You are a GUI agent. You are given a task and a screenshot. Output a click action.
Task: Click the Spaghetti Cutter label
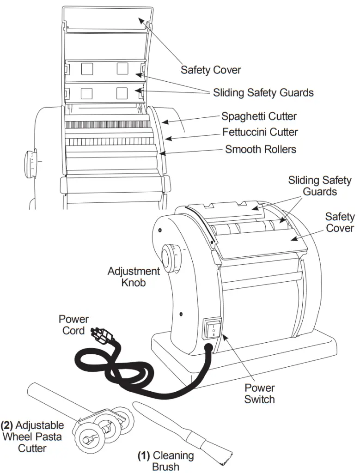tap(259, 116)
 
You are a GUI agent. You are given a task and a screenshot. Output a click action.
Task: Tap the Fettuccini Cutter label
tap(260, 133)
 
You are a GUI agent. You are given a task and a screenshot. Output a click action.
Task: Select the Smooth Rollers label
tap(261, 149)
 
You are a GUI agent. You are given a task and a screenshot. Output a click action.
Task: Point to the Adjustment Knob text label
tap(134, 276)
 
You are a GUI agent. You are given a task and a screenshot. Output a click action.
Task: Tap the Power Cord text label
tap(73, 325)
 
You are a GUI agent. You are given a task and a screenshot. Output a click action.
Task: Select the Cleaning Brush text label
tap(166, 461)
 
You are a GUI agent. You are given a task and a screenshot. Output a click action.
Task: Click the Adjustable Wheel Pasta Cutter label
tap(32, 436)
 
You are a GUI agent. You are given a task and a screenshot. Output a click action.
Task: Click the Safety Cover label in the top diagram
tap(211, 70)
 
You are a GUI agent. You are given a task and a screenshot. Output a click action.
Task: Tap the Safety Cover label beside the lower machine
tap(340, 222)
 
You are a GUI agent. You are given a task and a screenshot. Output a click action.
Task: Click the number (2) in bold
tap(7, 425)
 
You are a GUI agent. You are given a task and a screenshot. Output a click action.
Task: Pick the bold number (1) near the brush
tap(144, 455)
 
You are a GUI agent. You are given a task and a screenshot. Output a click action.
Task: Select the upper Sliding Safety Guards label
tap(263, 92)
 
